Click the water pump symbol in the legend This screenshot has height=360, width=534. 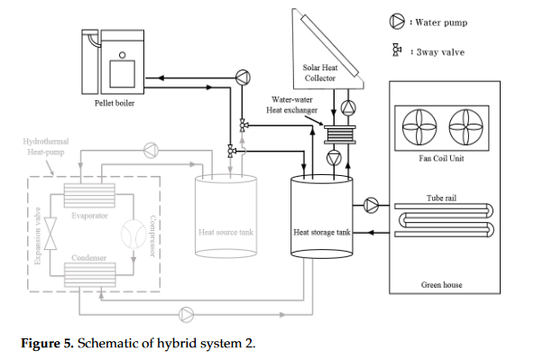pos(397,22)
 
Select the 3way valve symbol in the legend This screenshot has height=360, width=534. pos(396,50)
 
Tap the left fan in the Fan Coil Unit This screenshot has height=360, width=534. pos(419,127)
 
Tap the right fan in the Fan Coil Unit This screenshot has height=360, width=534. pos(465,127)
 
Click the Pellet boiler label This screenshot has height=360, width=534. pos(115,103)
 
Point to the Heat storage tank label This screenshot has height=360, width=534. pos(322,232)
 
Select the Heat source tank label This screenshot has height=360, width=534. pos(226,232)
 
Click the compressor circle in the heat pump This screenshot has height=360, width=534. pos(133,234)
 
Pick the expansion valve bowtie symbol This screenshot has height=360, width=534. pos(51,234)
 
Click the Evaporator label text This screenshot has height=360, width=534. pos(89,216)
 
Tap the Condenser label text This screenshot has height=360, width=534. pos(89,258)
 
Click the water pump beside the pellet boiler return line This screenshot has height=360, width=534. pos(243,78)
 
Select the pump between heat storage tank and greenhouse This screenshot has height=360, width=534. pos(371,206)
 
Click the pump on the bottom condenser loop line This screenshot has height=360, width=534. pos(187,314)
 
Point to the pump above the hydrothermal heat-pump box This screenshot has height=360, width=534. pos(151,150)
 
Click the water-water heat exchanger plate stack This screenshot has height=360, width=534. pos(339,134)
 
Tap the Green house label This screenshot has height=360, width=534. pos(442,285)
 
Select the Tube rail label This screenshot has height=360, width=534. pos(441,198)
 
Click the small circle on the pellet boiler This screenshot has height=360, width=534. pos(122,55)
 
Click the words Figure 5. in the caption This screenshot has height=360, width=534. pos(47,343)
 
